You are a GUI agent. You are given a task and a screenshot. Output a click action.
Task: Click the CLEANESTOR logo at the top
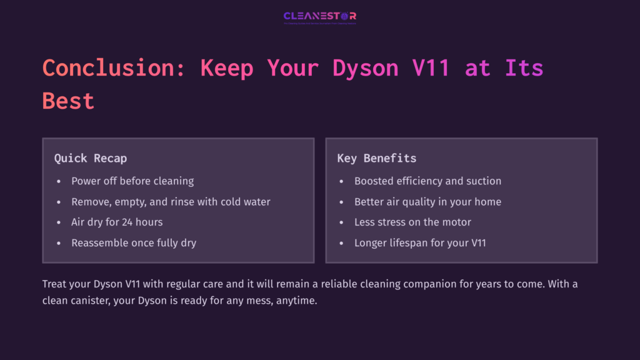pyautogui.click(x=319, y=16)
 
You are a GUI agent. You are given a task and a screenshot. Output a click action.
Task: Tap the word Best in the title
pyautogui.click(x=68, y=101)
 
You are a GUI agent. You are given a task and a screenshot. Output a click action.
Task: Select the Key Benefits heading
pyautogui.click(x=377, y=158)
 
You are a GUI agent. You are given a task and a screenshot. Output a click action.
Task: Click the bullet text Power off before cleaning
pyautogui.click(x=132, y=181)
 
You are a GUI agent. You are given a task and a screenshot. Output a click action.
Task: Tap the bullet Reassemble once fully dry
pyautogui.click(x=134, y=242)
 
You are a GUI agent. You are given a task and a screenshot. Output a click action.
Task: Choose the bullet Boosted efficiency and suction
pyautogui.click(x=427, y=181)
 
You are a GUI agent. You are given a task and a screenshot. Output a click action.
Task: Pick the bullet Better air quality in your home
pyautogui.click(x=427, y=202)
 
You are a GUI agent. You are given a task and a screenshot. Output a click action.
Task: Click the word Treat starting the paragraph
pyautogui.click(x=56, y=284)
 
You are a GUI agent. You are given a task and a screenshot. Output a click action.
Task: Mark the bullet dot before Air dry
pyautogui.click(x=59, y=222)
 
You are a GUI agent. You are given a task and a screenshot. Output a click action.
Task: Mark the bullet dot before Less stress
pyautogui.click(x=342, y=222)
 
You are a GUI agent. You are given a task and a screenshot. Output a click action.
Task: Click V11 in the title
pyautogui.click(x=431, y=67)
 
